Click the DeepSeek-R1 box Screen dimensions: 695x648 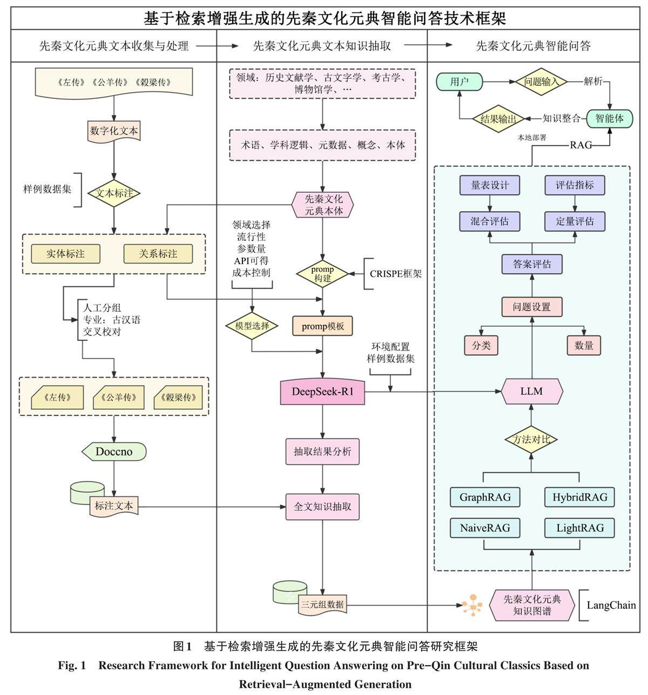click(322, 392)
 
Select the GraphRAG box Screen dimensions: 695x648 click(485, 497)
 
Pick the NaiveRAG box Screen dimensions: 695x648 click(485, 528)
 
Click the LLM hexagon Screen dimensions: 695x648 click(532, 391)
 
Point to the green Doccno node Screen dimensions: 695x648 click(114, 451)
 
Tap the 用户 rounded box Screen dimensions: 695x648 click(459, 82)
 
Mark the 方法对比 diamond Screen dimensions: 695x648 click(531, 440)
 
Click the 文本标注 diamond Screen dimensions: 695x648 click(114, 193)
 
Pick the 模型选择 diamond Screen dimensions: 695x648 click(252, 326)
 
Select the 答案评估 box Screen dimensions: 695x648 click(532, 264)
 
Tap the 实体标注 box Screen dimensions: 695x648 click(65, 253)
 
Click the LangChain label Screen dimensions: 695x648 click(611, 605)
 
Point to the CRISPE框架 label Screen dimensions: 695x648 click(396, 274)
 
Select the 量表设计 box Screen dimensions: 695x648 click(490, 185)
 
